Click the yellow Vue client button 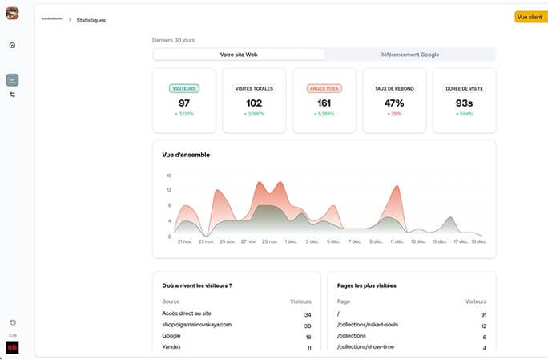pos(530,17)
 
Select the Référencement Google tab pos(409,55)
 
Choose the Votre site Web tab pos(239,55)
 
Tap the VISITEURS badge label pos(184,88)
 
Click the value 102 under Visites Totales pos(254,103)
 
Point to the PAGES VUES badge pos(323,88)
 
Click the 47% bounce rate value pos(393,103)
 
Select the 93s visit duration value pos(464,103)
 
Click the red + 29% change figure pos(393,115)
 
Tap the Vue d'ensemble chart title pos(186,155)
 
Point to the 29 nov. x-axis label pos(270,241)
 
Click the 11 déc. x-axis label pos(397,241)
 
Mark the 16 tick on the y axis pos(168,175)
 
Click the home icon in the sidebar pos(12,45)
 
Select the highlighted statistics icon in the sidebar pos(12,79)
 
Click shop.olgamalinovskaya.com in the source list pos(196,325)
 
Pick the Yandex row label pos(172,348)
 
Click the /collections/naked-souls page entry pos(368,325)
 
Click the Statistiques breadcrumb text pos(91,20)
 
